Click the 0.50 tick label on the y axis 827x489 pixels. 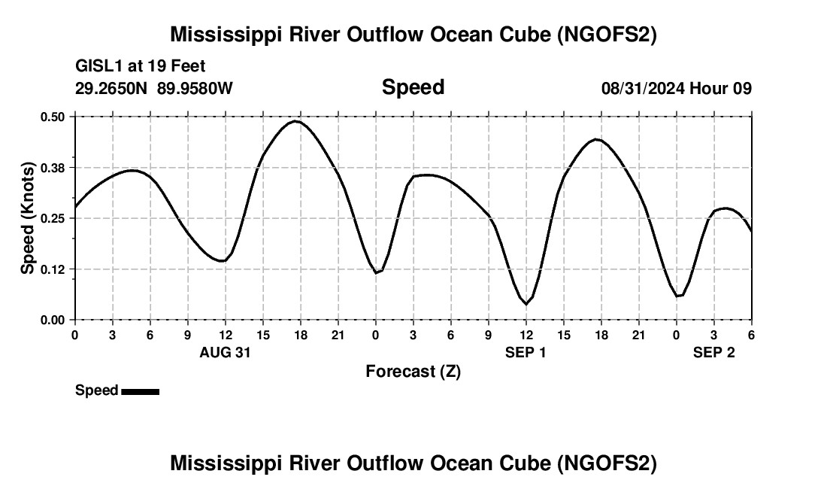53,117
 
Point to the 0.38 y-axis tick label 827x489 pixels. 53,167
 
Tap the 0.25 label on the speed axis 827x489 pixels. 53,218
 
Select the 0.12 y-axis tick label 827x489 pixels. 53,269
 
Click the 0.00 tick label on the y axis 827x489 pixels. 53,320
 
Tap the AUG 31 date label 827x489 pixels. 225,352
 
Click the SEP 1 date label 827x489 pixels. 526,352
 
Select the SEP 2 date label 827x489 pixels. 714,352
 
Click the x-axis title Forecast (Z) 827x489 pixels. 413,371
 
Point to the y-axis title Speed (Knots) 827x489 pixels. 28,218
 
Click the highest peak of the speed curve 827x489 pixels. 296,121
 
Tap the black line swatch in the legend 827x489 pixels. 140,391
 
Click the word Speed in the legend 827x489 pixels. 96,390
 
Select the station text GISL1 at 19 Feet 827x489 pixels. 141,66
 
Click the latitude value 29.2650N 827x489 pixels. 112,88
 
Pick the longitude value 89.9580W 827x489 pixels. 195,88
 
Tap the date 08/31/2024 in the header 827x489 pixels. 643,88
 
